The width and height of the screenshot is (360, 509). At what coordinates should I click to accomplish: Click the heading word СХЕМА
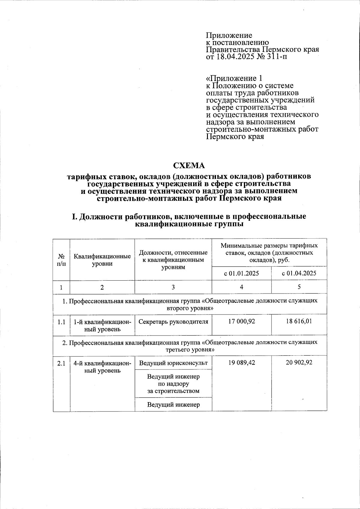coord(189,166)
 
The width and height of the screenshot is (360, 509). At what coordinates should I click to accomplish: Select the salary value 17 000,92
coord(241,321)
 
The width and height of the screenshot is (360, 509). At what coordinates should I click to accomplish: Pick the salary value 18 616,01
coord(299,321)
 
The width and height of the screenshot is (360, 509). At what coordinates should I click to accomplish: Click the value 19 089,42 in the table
coord(241,363)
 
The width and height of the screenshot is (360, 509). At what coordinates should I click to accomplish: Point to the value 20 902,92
coord(299,363)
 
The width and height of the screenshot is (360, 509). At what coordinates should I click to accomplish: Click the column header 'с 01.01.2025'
coord(241,273)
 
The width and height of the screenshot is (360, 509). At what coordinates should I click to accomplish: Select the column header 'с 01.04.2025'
coord(299,273)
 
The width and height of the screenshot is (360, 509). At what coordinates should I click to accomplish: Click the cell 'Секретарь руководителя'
coord(173,322)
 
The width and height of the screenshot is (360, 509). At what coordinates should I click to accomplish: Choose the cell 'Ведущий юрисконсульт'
coord(173,363)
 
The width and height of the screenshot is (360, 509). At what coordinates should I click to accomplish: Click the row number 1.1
coord(61,322)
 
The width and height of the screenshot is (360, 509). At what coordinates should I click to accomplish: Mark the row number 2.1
coord(61,363)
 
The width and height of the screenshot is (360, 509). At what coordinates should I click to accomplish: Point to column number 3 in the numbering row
coord(173,287)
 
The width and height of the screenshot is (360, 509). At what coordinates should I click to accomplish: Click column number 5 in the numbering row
coord(299,287)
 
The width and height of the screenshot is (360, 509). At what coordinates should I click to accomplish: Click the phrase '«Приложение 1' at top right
coord(234,78)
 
